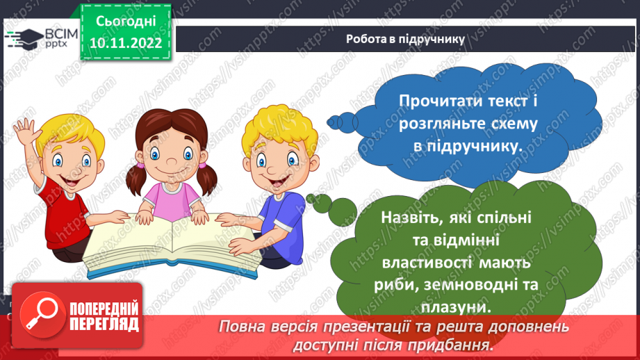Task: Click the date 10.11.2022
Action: [125, 43]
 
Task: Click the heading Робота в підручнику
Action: [405, 38]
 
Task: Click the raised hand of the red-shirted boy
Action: [25, 131]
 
